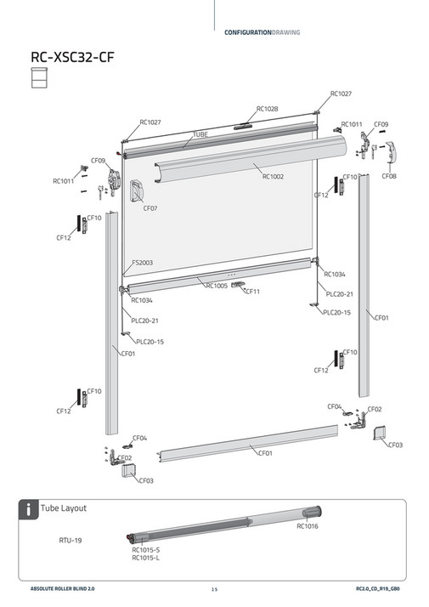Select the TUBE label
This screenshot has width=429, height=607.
[200, 134]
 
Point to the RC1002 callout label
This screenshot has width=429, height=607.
[273, 177]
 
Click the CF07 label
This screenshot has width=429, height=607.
[150, 208]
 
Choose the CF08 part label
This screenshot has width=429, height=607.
[389, 176]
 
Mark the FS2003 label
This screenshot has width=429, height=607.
[143, 264]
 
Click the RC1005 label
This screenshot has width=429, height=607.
[217, 286]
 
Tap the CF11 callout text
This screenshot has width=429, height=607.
[251, 292]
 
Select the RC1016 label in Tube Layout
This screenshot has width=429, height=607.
[308, 527]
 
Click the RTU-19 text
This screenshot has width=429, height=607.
[70, 539]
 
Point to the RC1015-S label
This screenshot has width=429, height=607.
[145, 550]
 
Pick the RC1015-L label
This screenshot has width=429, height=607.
[145, 559]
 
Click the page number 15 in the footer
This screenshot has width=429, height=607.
[214, 589]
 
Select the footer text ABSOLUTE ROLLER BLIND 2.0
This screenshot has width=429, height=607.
[65, 589]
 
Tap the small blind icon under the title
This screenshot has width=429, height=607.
[38, 78]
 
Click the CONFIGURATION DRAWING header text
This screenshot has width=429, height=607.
[262, 32]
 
